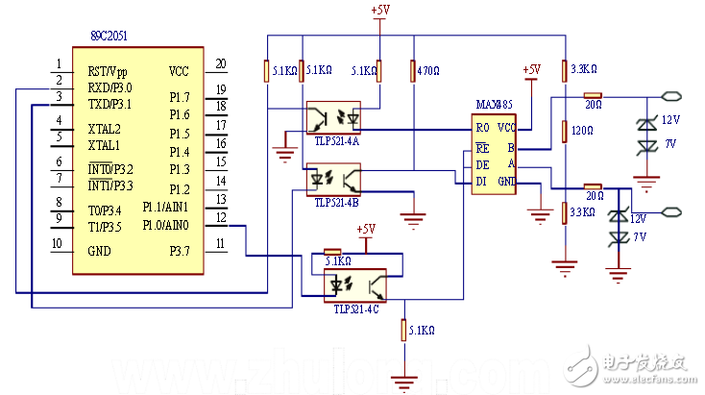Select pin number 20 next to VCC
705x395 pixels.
pos(220,64)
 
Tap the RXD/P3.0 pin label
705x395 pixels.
pos(109,87)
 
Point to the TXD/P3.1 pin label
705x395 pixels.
pos(109,103)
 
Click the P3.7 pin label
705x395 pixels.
pos(179,251)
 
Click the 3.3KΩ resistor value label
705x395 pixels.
pos(584,69)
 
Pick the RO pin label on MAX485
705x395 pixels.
pos(482,127)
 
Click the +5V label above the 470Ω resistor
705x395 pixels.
pos(381,10)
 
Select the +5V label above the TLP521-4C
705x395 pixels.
pos(366,230)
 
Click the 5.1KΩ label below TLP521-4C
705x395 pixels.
pos(423,330)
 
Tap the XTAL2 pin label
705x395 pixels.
pos(105,129)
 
